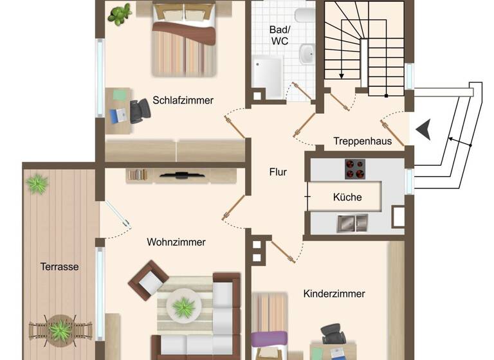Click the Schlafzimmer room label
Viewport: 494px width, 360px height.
(183, 100)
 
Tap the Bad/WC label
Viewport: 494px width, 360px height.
(280, 35)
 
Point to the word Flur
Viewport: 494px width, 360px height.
(278, 172)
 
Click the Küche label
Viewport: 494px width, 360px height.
(347, 197)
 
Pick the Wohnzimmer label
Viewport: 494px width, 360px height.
(176, 242)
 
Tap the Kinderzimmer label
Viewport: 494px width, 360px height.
(334, 294)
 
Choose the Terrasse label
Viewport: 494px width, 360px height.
(59, 266)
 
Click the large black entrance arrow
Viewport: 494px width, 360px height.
(423, 130)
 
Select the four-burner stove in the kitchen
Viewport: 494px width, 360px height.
(354, 168)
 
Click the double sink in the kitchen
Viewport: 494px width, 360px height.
(352, 222)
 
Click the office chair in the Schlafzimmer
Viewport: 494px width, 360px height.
(139, 111)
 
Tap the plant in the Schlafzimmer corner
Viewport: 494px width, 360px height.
(120, 14)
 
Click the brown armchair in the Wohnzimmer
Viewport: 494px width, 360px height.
(149, 281)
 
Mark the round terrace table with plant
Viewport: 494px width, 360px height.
(60, 330)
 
